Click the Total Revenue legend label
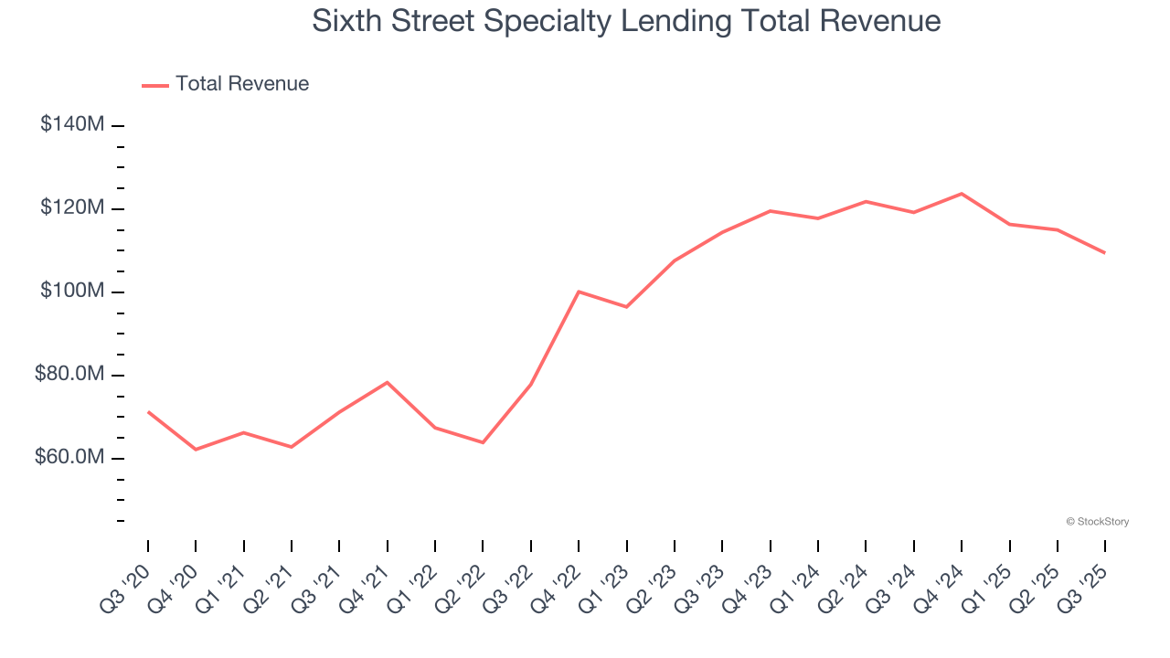242,84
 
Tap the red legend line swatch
155,85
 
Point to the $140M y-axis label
71,124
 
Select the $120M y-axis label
71,208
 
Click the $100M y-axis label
71,292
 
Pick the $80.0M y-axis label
69,375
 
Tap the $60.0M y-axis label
69,457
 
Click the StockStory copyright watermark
1097,522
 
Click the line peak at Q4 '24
962,194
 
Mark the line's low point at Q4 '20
196,450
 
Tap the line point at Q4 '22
579,292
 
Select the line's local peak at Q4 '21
388,382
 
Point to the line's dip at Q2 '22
483,442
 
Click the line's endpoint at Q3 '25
1105,253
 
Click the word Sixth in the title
346,21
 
